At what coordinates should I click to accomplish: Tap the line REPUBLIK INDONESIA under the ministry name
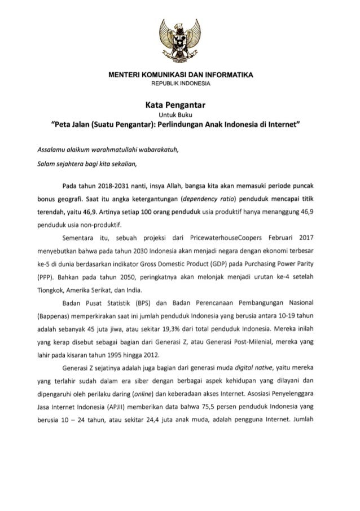[x=179, y=83]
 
